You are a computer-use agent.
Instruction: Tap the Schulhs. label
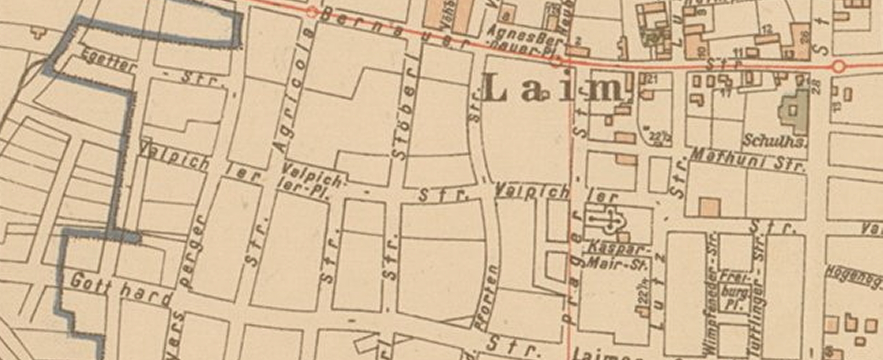click(x=774, y=141)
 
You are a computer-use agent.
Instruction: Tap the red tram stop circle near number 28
click(x=839, y=67)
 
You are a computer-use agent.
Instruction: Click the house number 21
click(x=652, y=79)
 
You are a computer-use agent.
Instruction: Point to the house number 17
click(x=726, y=92)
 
